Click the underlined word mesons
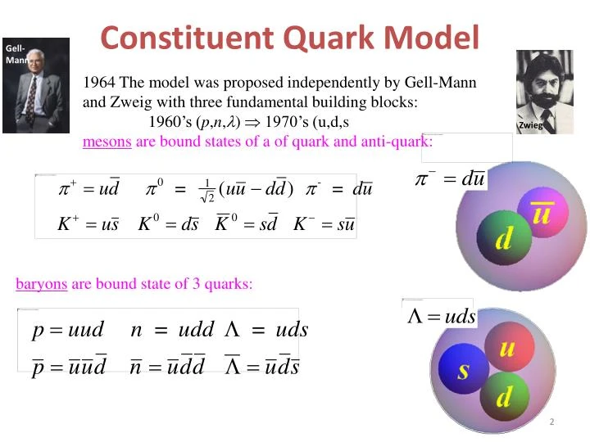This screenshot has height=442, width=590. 107,141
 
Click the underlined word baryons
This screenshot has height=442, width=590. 41,284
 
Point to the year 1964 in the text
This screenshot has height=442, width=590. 100,83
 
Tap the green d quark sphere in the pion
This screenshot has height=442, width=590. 503,240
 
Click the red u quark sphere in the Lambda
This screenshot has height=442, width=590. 506,349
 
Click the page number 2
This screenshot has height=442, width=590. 552,422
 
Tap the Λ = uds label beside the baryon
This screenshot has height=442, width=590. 441,316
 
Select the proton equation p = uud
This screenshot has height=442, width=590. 68,331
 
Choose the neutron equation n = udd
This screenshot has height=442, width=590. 173,331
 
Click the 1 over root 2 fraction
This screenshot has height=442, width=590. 207,191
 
